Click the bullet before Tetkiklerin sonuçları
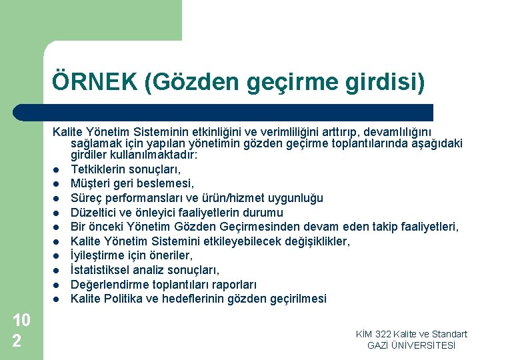tap(59, 169)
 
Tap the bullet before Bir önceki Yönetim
tap(59, 227)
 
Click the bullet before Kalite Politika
tap(59, 299)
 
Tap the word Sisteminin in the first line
tap(161, 133)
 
